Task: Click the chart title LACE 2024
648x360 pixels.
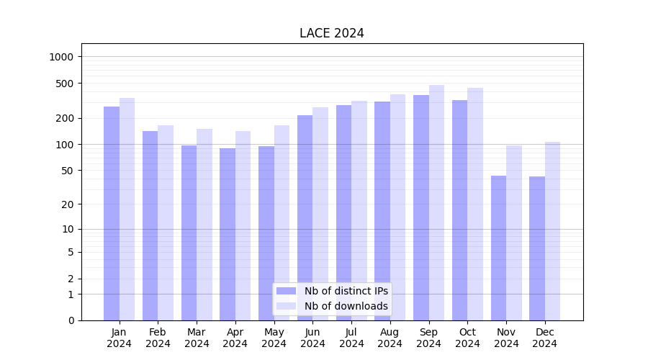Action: [x=332, y=34]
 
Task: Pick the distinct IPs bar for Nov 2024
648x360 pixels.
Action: [x=498, y=248]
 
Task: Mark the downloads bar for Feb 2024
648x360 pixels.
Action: [x=166, y=222]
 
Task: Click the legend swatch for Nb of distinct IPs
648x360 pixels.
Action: [x=287, y=291]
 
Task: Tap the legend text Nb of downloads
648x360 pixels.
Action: [x=346, y=306]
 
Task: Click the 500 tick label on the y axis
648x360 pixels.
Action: [x=65, y=84]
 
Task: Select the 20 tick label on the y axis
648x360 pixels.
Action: [x=68, y=204]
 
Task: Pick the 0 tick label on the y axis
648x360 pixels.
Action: [x=71, y=320]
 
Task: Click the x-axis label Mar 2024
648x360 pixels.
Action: [x=197, y=338]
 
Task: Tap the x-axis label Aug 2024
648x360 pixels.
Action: [x=390, y=338]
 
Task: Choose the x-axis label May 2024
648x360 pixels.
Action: [x=274, y=338]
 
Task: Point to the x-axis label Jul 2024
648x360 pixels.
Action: [x=351, y=338]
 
